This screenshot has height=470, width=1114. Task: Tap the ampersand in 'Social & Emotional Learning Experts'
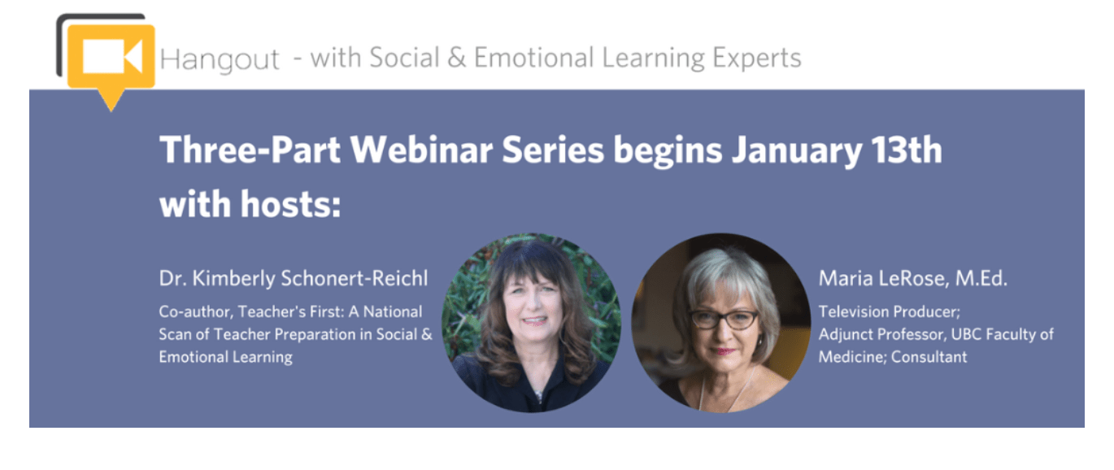tap(457, 58)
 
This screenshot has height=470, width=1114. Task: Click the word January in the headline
tap(797, 151)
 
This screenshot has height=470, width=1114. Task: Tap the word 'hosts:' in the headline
tap(290, 204)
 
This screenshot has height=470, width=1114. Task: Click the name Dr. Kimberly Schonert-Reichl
tap(294, 279)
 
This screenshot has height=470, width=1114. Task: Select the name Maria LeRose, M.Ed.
tap(912, 279)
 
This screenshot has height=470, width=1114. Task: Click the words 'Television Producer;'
tap(890, 311)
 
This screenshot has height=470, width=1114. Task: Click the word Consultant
tap(929, 357)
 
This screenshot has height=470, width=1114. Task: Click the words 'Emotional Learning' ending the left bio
tap(226, 358)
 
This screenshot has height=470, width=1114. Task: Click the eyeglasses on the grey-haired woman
tap(724, 318)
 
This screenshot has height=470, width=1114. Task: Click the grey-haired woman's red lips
tap(725, 351)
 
